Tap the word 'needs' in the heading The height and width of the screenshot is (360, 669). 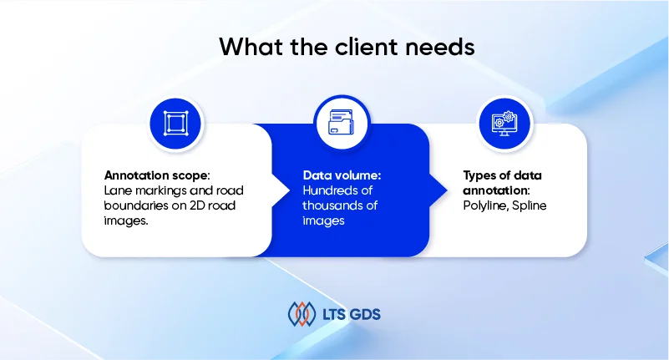coord(440,47)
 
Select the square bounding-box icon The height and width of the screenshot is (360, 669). coord(175,124)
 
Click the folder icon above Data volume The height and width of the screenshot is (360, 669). coord(342,123)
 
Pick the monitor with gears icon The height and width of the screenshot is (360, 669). coord(504,124)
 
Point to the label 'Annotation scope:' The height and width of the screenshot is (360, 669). coord(157,175)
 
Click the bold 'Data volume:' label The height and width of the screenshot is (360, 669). coord(342,175)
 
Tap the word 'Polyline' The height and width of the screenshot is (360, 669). coord(485,205)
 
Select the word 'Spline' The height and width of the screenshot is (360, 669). coord(529,205)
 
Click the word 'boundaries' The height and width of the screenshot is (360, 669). coord(135,205)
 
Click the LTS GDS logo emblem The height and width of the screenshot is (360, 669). coord(302,314)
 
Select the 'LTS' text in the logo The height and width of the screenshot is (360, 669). coord(333,315)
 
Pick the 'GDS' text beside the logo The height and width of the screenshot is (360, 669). coord(365,315)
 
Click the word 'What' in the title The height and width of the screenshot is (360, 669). coord(251,47)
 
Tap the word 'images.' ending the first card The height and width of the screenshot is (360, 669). coord(126,221)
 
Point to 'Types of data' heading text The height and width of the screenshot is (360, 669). coord(503,175)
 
